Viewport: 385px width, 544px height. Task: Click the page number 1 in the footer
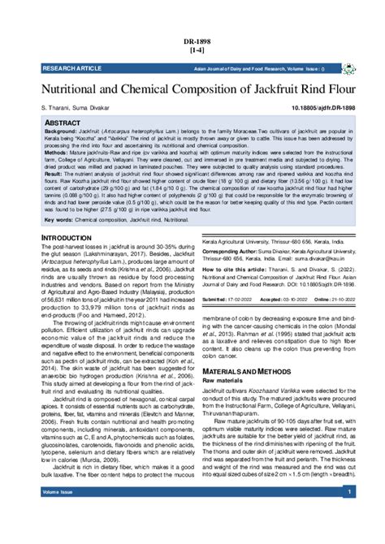point(348,515)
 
